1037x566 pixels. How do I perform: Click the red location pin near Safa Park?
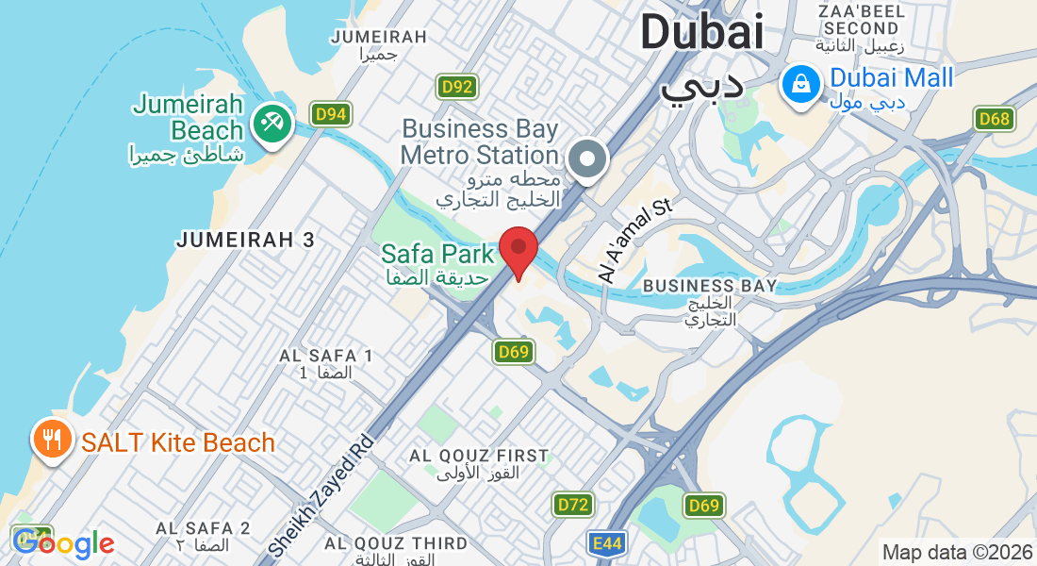pyautogui.click(x=518, y=249)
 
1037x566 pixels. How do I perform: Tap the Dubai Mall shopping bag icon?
pyautogui.click(x=800, y=84)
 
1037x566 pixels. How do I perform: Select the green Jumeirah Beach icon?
pyautogui.click(x=273, y=125)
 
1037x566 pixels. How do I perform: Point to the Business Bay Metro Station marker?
pyautogui.click(x=589, y=158)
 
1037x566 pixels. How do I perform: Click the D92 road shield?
pyautogui.click(x=457, y=88)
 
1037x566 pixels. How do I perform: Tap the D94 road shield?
pyautogui.click(x=332, y=114)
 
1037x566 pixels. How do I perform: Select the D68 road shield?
pyautogui.click(x=994, y=119)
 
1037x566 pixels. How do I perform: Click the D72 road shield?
pyautogui.click(x=573, y=505)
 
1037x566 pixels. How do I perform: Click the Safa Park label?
pyautogui.click(x=437, y=254)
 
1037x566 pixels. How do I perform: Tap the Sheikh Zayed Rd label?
pyautogui.click(x=321, y=494)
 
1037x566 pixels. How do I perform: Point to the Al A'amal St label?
pyautogui.click(x=634, y=241)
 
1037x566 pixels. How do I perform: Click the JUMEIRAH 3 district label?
pyautogui.click(x=245, y=241)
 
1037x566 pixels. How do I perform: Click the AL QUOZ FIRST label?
pyautogui.click(x=479, y=456)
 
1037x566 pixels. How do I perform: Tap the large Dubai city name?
pyautogui.click(x=701, y=34)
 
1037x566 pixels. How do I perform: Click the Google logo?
pyautogui.click(x=64, y=543)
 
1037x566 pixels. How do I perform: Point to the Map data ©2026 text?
pyautogui.click(x=956, y=552)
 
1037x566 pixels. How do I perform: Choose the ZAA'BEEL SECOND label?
pyautogui.click(x=862, y=20)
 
